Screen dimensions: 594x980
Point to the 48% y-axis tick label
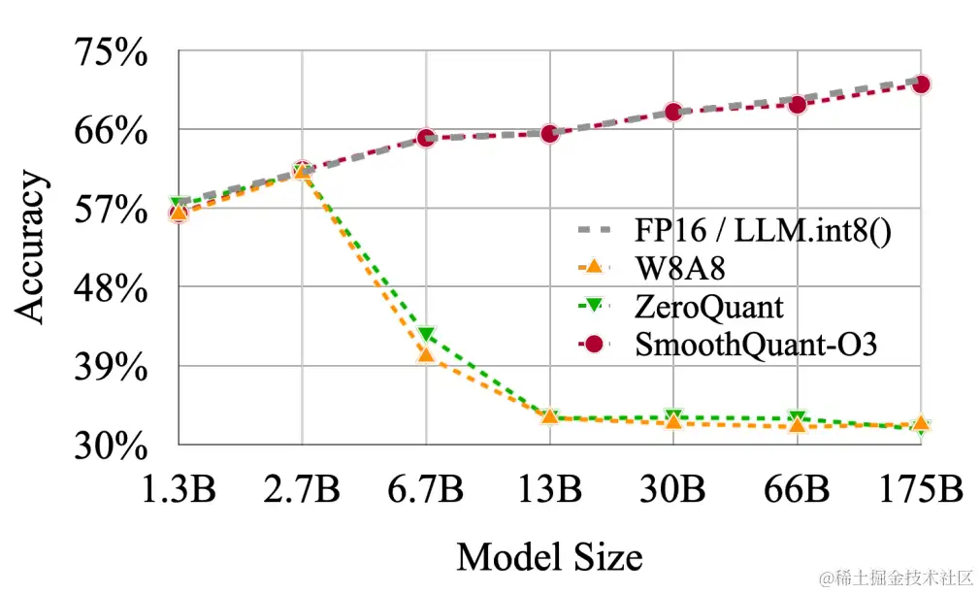(x=111, y=288)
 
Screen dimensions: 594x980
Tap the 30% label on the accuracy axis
(x=111, y=446)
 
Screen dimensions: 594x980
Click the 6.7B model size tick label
(x=426, y=488)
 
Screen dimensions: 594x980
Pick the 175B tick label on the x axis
(x=921, y=488)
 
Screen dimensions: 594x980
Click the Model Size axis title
(x=549, y=557)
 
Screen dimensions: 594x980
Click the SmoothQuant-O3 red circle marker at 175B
(x=921, y=84)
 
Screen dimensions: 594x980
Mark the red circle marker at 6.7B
(x=426, y=138)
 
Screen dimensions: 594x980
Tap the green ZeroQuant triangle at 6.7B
(x=426, y=335)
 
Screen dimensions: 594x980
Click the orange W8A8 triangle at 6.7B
(x=426, y=355)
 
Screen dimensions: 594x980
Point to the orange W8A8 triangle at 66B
(x=798, y=425)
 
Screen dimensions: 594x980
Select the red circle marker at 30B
(x=673, y=113)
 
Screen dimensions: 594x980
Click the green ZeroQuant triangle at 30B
(x=673, y=416)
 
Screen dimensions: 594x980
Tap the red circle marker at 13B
(x=550, y=133)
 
